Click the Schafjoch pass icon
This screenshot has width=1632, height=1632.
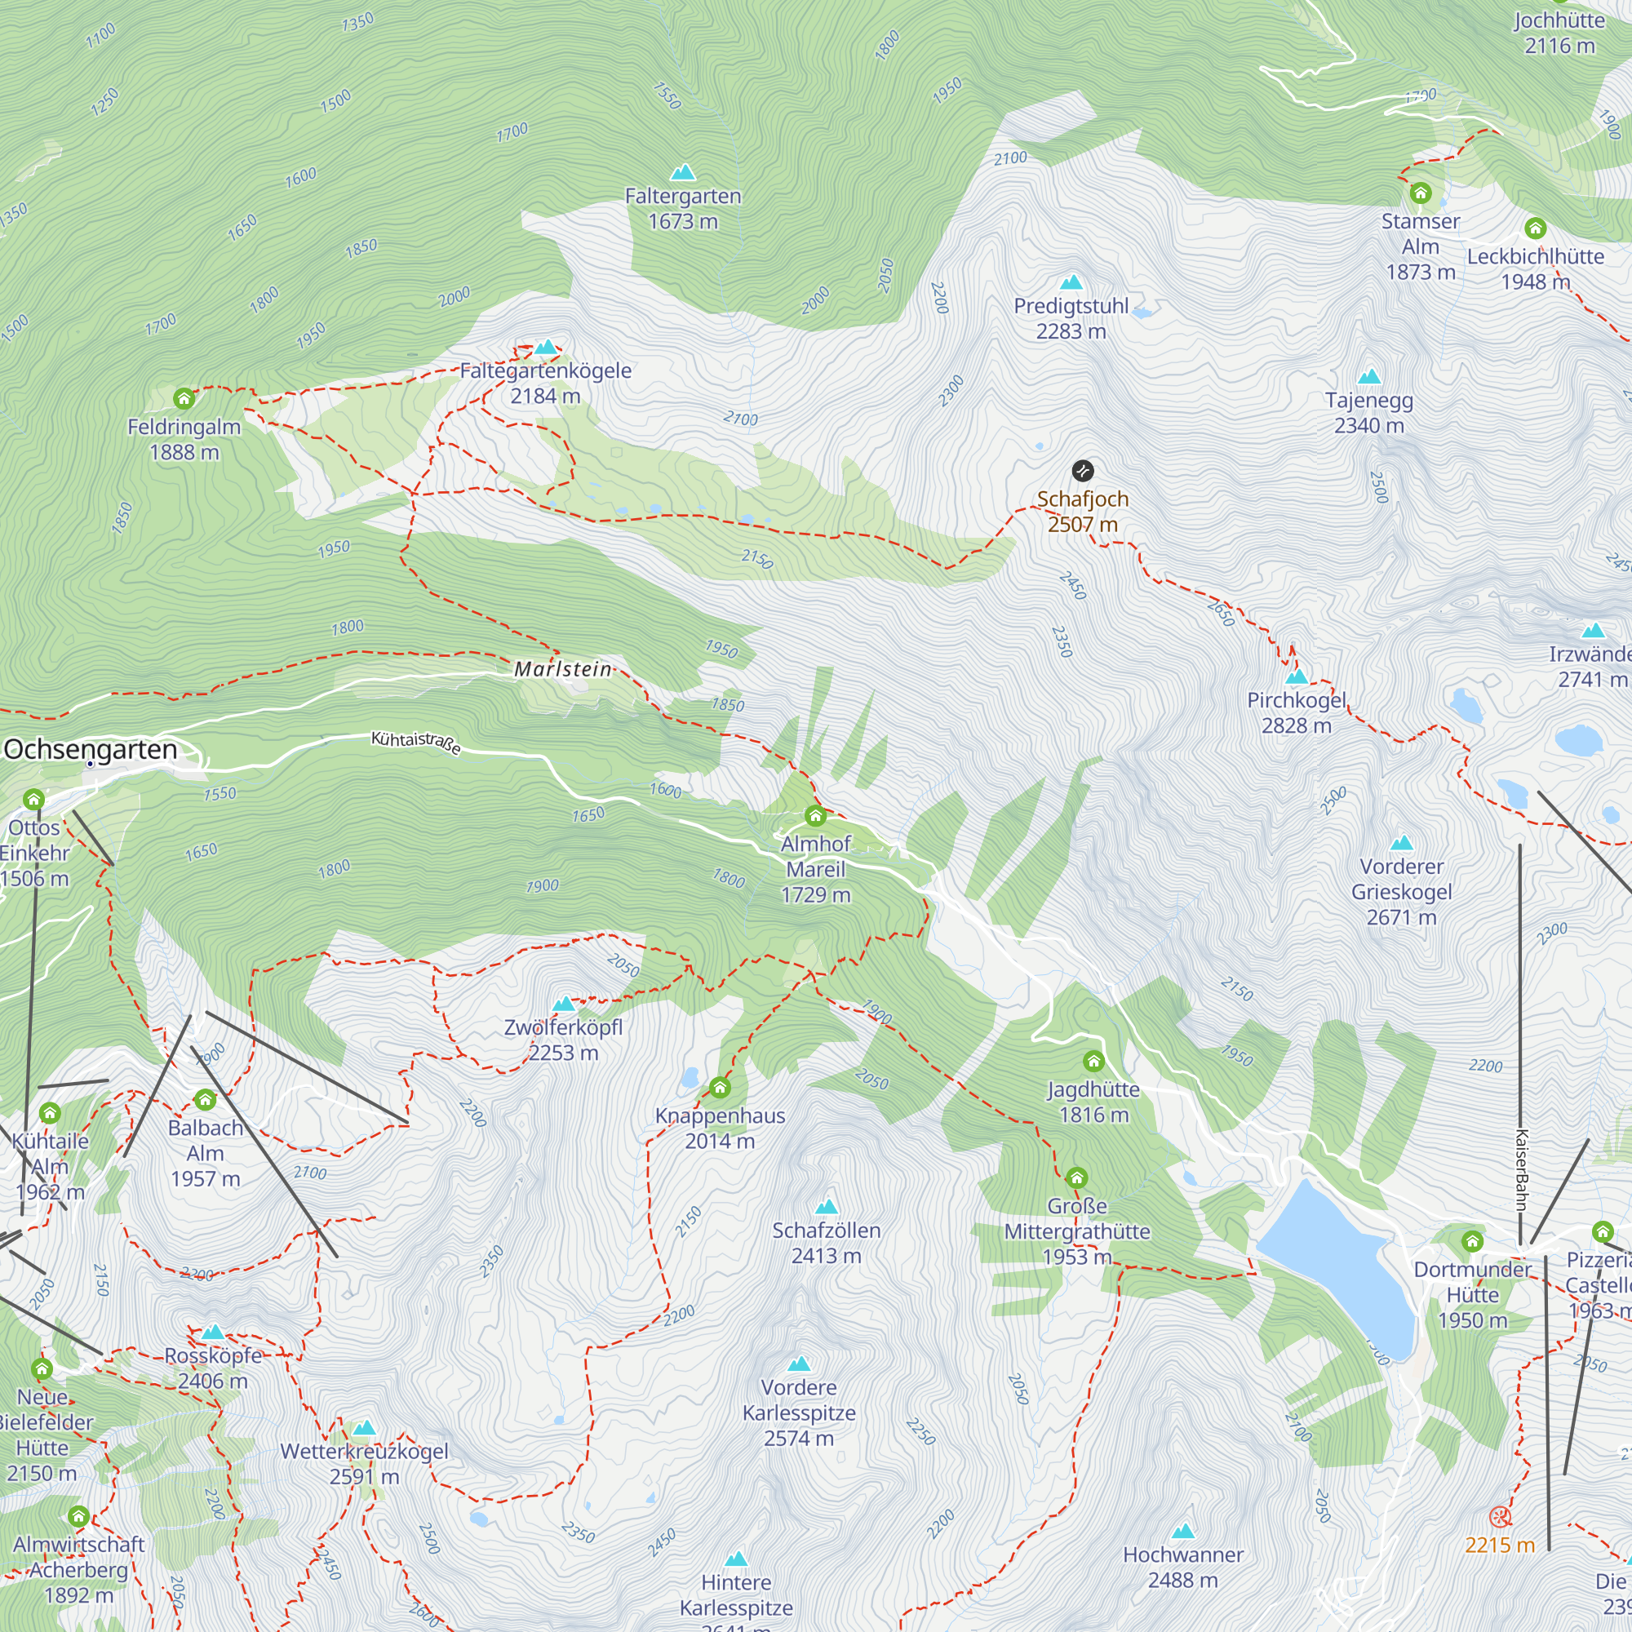tap(1082, 471)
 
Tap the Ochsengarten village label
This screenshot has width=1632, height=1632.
tap(91, 749)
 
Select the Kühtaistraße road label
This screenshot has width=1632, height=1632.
tap(416, 743)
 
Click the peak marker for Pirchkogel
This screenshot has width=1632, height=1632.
tap(1296, 676)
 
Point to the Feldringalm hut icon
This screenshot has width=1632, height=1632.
tap(184, 399)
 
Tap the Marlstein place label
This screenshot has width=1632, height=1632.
tap(562, 669)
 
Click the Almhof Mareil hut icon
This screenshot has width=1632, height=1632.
tap(815, 816)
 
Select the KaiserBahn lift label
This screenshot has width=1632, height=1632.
tap(1521, 1170)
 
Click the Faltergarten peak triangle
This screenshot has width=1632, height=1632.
tap(682, 173)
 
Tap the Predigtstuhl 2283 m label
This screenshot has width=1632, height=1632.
tap(1071, 318)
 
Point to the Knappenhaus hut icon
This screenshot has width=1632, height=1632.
tap(720, 1087)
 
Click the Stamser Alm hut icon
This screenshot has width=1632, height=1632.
tap(1421, 193)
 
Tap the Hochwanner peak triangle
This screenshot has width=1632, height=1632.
tap(1182, 1531)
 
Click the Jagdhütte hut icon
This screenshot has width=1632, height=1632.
tap(1094, 1061)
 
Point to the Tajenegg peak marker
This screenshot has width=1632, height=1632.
tap(1368, 377)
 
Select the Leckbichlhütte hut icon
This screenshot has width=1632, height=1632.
tap(1535, 228)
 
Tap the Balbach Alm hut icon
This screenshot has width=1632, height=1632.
tap(206, 1100)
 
